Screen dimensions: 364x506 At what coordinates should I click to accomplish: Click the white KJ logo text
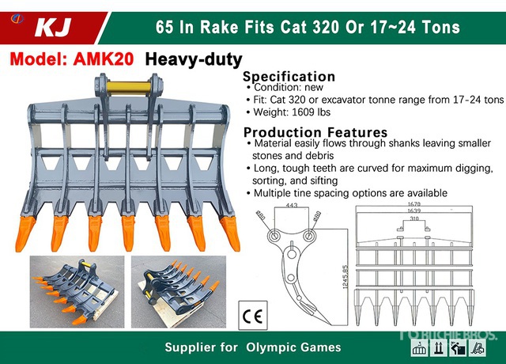(x=54, y=28)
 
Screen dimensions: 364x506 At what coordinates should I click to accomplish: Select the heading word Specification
(x=289, y=76)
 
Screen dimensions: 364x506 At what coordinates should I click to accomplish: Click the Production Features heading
(x=315, y=132)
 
